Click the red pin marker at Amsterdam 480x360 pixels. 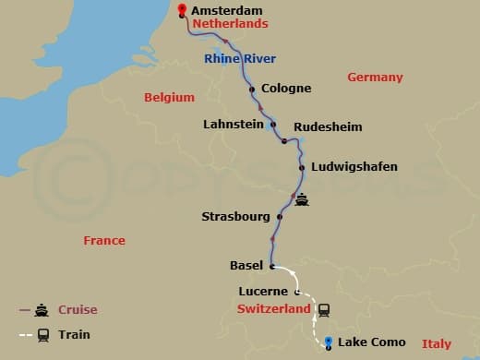[182, 11]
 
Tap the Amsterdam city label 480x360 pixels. [224, 10]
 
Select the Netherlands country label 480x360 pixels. [230, 24]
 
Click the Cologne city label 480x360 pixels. [286, 90]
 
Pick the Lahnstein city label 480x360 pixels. [234, 123]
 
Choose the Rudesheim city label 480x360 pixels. [328, 126]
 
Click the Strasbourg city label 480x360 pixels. [235, 217]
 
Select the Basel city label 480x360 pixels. [246, 266]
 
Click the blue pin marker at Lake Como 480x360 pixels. [329, 343]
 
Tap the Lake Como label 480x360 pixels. [371, 342]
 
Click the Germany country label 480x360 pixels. [375, 78]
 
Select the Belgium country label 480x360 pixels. [169, 97]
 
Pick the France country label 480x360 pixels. [103, 240]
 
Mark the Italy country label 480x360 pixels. [437, 343]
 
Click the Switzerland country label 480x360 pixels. [274, 309]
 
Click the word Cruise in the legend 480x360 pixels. [78, 310]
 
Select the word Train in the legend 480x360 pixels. [74, 334]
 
